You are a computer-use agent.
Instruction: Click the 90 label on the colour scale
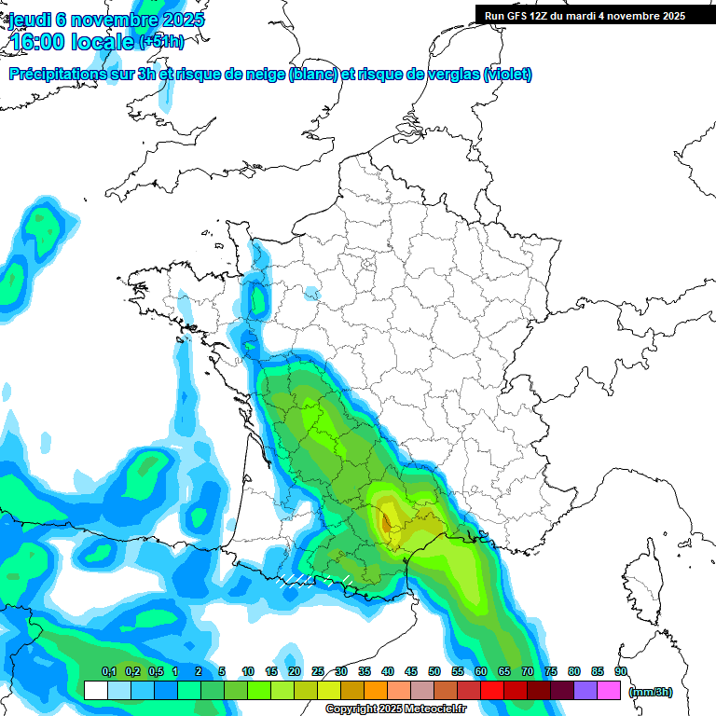point(620,671)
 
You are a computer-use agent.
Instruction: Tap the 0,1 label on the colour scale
point(109,671)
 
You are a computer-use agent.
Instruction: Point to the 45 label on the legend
point(410,671)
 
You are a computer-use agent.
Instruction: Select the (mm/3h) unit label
point(651,691)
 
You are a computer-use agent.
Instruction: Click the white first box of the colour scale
point(95,691)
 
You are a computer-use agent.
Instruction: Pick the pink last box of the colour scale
point(609,691)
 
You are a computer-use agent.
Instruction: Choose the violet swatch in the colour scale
point(585,691)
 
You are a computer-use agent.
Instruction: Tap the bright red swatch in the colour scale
point(492,691)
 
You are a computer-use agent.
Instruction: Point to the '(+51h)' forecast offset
point(161,42)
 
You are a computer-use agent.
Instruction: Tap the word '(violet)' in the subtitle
point(508,75)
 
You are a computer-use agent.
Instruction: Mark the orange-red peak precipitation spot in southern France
point(386,521)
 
